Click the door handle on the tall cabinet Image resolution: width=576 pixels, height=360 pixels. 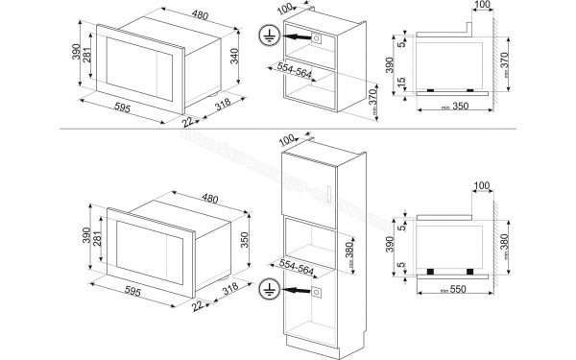(329, 197)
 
